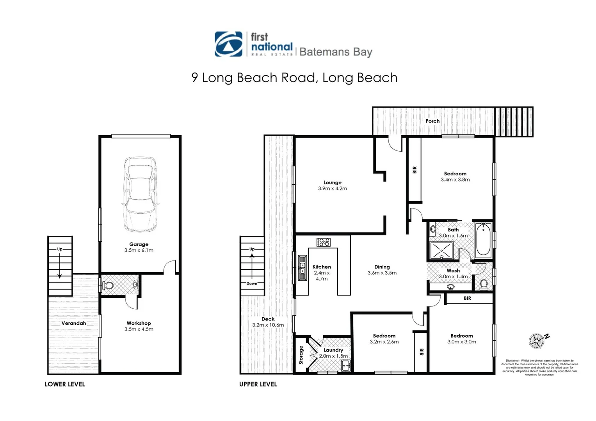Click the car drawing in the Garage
point(141,194)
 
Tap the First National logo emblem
point(229,44)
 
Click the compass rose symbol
point(537,340)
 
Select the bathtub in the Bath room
point(483,239)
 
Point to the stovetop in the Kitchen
point(324,242)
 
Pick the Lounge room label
point(332,182)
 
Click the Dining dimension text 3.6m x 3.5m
point(382,273)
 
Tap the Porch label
point(432,121)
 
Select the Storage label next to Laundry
point(301,355)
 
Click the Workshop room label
point(139,323)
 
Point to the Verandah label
point(74,323)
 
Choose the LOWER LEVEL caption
point(65,384)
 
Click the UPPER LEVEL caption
point(258,384)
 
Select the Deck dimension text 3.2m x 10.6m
point(268,325)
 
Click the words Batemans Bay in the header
point(336,52)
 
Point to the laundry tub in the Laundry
point(345,366)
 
